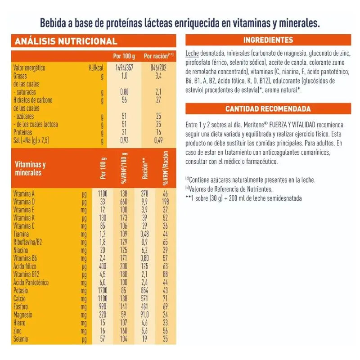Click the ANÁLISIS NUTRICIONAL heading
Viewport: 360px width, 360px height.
(x=66, y=41)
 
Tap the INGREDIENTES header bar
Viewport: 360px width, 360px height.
(x=268, y=40)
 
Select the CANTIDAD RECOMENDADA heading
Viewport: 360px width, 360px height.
(x=268, y=109)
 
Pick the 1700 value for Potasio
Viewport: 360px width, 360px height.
(x=102, y=291)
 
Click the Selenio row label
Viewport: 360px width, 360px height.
(x=22, y=339)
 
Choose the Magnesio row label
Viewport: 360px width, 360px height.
(x=25, y=315)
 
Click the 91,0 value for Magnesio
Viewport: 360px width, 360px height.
(x=145, y=315)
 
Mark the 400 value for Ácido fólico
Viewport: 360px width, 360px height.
(x=102, y=266)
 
